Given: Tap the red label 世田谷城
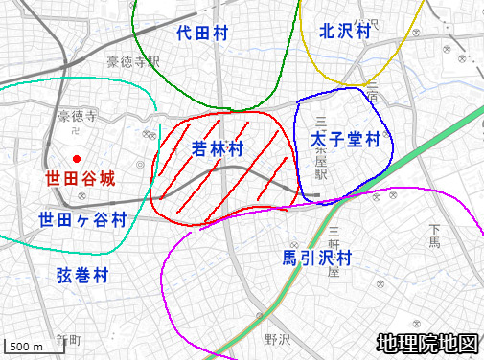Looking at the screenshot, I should (80, 178).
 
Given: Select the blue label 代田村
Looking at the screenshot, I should (202, 34).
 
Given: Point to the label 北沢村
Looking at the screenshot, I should (346, 31).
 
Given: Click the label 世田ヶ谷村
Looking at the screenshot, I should (82, 219).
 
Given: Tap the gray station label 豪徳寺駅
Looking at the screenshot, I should (132, 62).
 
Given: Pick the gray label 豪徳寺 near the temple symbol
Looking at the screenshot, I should (78, 117).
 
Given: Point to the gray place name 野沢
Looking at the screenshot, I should (277, 339).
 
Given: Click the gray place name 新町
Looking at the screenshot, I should (70, 340).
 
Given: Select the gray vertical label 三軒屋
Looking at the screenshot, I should (334, 251).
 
